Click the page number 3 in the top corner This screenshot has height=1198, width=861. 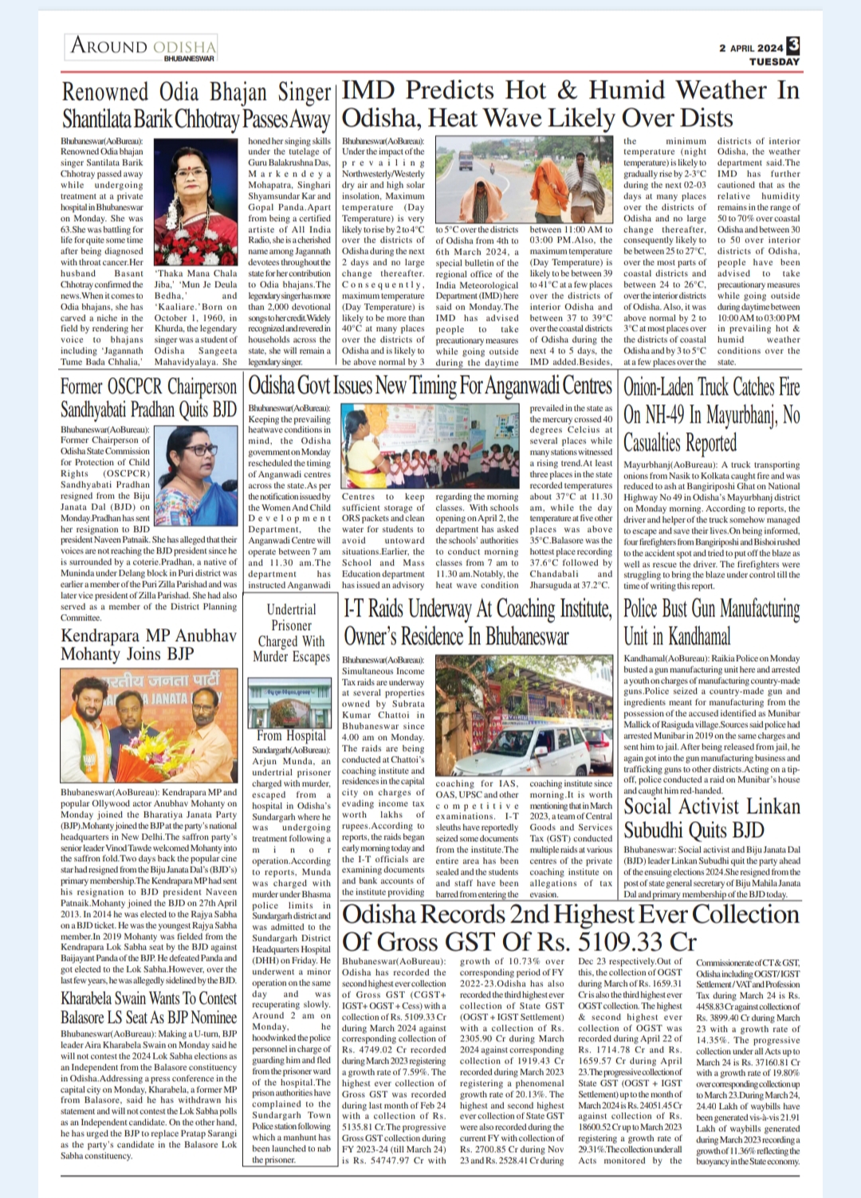(x=793, y=46)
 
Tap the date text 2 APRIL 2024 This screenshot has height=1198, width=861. (x=750, y=48)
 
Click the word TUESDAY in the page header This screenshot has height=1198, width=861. (x=773, y=61)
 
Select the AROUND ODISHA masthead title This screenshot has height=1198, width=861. (x=143, y=45)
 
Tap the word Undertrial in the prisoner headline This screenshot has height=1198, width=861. (x=291, y=610)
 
